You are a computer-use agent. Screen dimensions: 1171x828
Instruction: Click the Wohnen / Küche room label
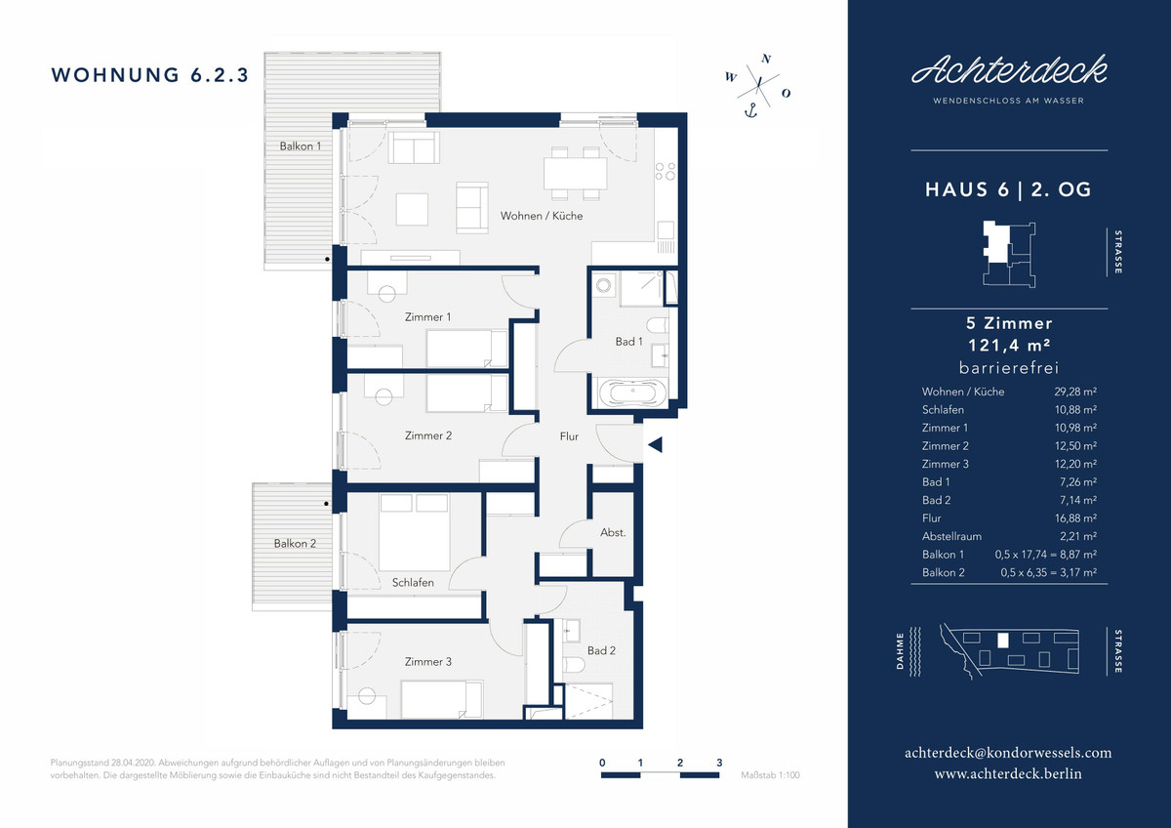click(541, 216)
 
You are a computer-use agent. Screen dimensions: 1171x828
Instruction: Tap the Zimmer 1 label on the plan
click(427, 317)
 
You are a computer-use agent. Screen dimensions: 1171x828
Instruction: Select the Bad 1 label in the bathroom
click(628, 342)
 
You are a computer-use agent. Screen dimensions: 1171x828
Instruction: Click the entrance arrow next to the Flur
click(655, 444)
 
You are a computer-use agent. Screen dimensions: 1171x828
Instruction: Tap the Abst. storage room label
click(613, 532)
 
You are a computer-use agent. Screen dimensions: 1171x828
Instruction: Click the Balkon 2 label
click(295, 544)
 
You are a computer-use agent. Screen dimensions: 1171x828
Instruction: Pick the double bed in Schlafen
click(414, 532)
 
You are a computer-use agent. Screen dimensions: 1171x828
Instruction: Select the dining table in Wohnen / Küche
click(575, 173)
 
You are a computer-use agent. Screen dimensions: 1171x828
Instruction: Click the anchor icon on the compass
click(750, 111)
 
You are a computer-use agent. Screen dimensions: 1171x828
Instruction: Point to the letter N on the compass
click(766, 59)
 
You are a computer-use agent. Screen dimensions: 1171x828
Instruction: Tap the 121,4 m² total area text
click(1009, 346)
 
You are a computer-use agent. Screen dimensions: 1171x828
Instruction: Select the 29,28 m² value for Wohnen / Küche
click(1075, 392)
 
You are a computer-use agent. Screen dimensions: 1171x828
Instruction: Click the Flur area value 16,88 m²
click(1075, 518)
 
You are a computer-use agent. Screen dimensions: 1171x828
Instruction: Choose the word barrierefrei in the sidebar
click(1009, 368)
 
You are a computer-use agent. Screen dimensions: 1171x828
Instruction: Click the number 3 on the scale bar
click(719, 763)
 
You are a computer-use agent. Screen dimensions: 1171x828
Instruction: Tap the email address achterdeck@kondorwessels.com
click(1008, 753)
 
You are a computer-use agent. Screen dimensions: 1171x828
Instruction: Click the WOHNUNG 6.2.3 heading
click(149, 75)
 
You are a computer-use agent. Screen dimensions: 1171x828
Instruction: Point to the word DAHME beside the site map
click(900, 651)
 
